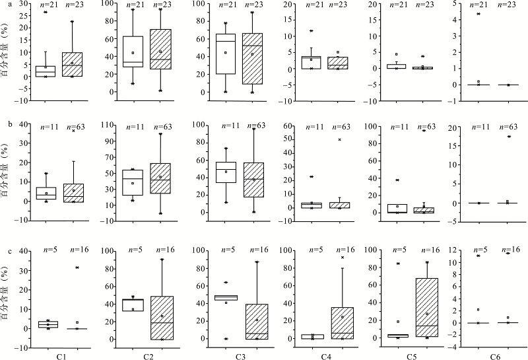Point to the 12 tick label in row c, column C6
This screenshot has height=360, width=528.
pos(451,251)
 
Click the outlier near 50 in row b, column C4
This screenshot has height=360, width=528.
pos(340,139)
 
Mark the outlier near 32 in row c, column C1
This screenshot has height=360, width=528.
pos(77,268)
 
